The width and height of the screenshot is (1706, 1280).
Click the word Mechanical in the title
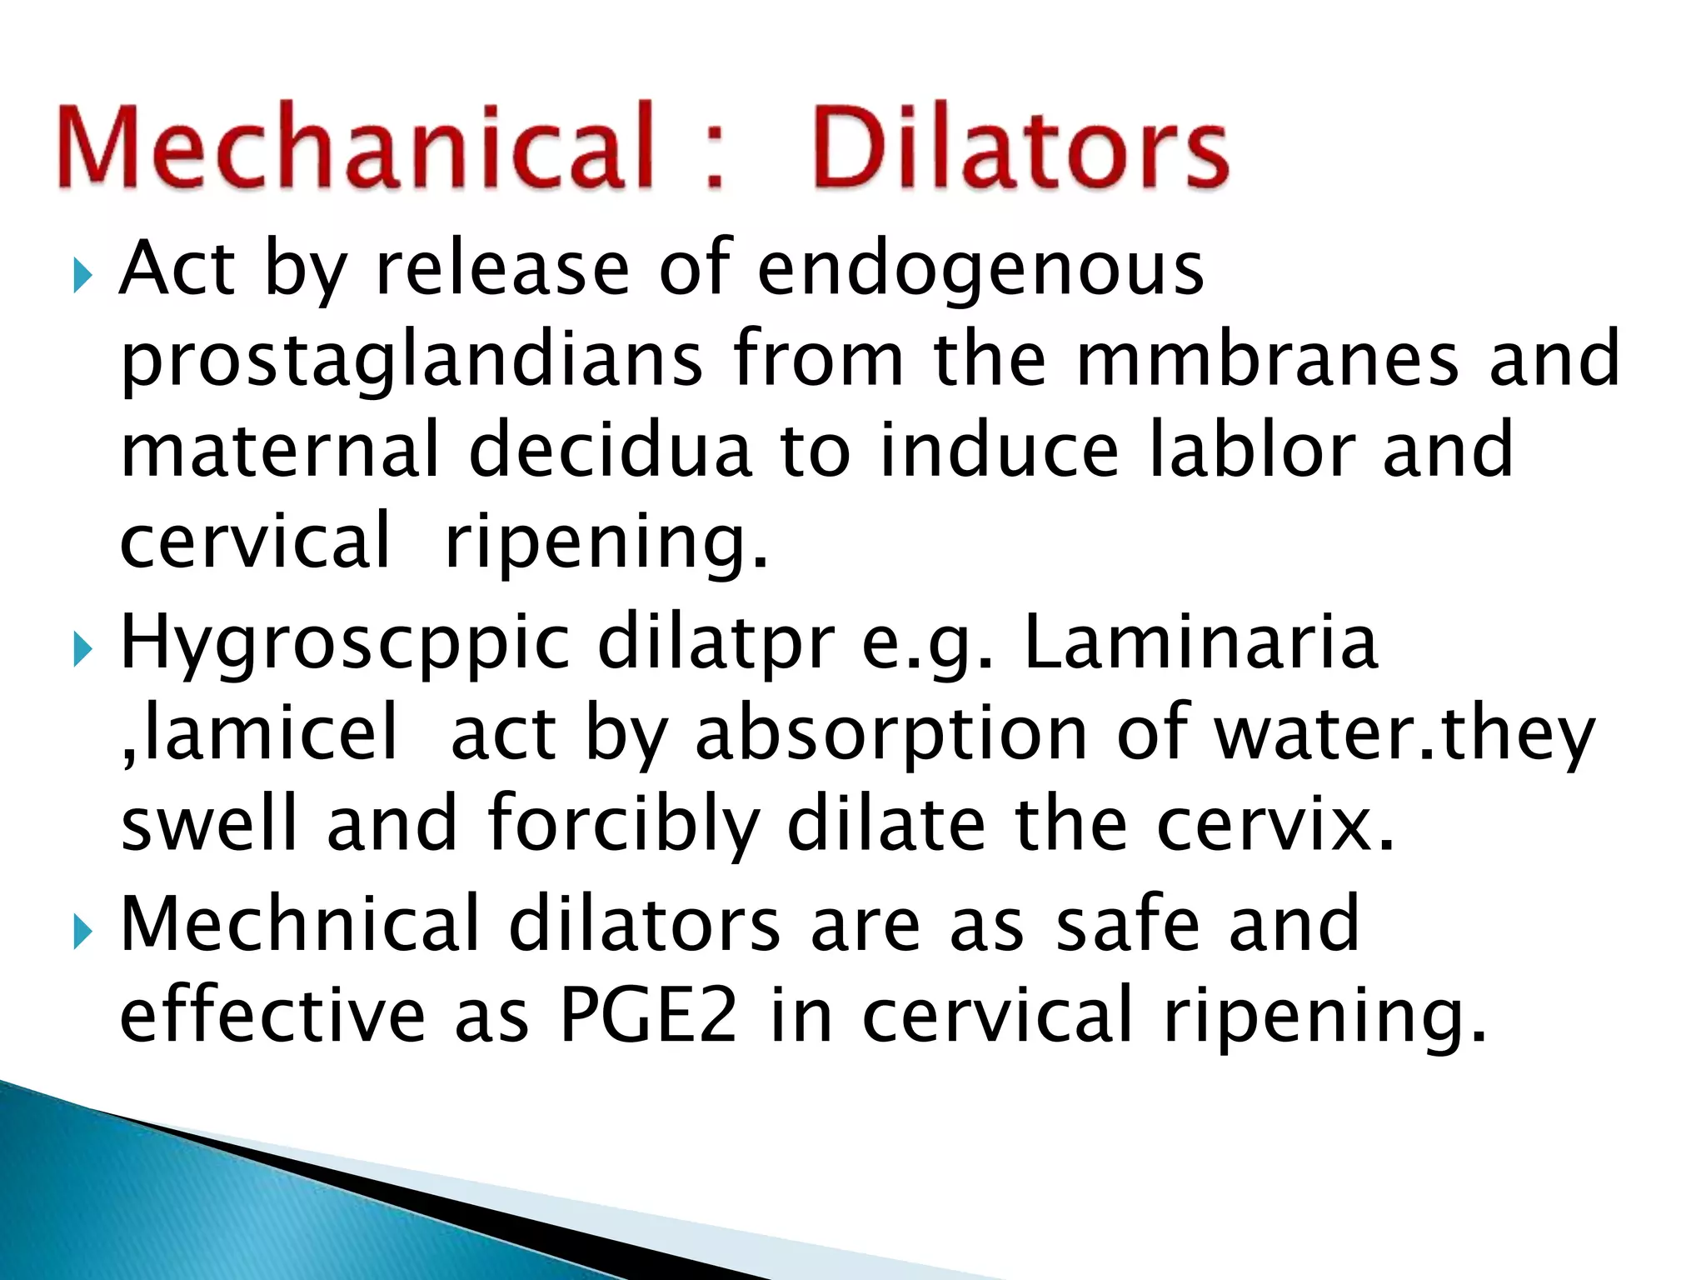(355, 147)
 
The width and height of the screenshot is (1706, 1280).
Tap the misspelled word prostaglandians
(412, 361)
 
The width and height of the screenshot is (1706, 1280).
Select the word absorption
(890, 735)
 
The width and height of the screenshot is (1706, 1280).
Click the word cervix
(1275, 825)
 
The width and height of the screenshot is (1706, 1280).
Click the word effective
(272, 1014)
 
